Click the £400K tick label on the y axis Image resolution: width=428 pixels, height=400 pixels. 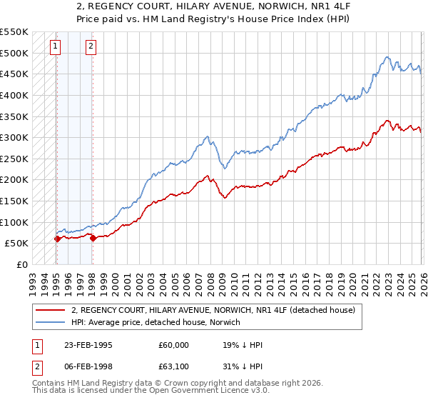pyautogui.click(x=14, y=95)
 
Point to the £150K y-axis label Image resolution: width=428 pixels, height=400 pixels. pyautogui.click(x=14, y=201)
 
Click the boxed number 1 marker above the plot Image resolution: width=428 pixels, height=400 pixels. pyautogui.click(x=56, y=48)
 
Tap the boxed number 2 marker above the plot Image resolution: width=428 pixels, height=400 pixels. pyautogui.click(x=91, y=48)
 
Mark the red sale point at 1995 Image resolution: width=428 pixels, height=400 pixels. pyautogui.click(x=57, y=239)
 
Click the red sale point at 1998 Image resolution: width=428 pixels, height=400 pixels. pyautogui.click(x=93, y=238)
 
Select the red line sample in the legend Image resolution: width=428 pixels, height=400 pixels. pyautogui.click(x=50, y=310)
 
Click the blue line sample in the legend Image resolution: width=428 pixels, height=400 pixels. pyautogui.click(x=50, y=322)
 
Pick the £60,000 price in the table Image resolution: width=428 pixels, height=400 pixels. pyautogui.click(x=174, y=345)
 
